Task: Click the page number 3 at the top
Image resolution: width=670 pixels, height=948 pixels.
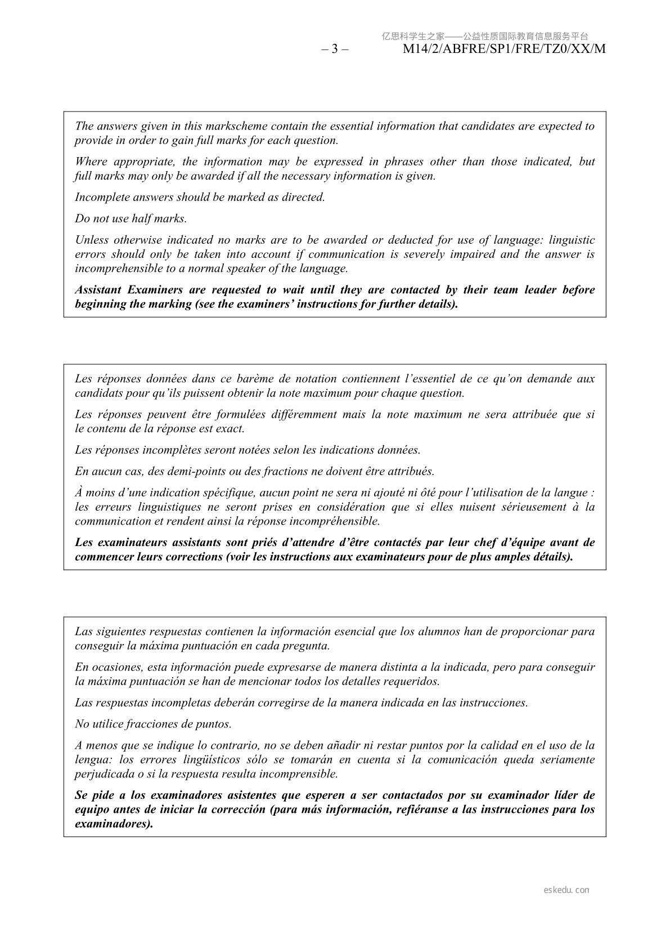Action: point(335,49)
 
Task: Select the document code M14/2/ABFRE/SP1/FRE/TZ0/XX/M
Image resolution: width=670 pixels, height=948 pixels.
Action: point(505,49)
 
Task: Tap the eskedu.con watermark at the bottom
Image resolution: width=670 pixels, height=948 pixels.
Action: point(566,890)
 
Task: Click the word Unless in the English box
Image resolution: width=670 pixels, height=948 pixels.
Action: point(91,240)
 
